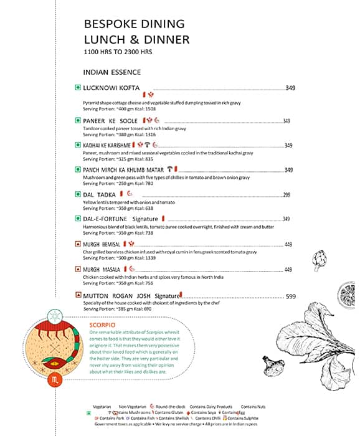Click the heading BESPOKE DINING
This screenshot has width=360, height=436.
(134, 24)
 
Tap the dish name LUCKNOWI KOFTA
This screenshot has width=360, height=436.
(111, 88)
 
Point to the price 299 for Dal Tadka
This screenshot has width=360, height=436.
(287, 195)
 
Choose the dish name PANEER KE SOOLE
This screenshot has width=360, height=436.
(110, 120)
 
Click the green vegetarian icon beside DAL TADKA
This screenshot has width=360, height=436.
(78, 195)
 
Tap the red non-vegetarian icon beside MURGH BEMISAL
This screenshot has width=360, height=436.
(78, 244)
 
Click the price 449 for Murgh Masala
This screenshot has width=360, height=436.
(288, 270)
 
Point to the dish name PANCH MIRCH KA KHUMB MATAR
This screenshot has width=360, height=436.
(123, 169)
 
